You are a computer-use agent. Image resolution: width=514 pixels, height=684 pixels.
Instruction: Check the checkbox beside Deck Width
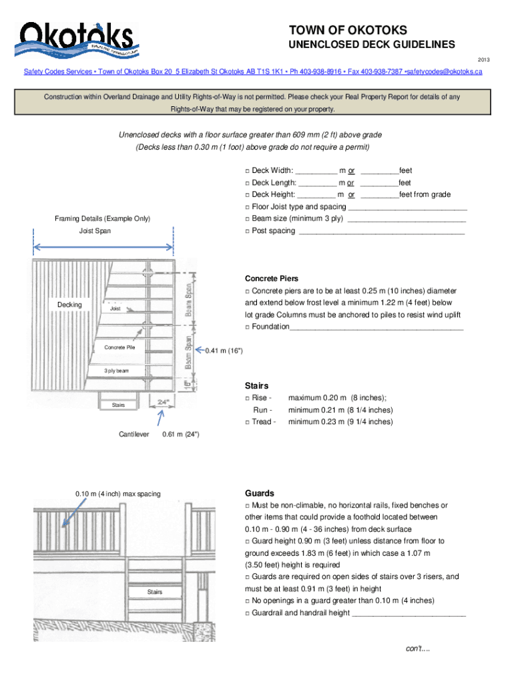[x=247, y=171]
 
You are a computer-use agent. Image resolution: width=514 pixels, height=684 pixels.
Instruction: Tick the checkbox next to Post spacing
[x=247, y=231]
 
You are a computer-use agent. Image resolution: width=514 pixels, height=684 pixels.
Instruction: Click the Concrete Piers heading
[x=272, y=279]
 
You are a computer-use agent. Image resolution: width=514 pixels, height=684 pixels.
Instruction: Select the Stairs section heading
[x=256, y=386]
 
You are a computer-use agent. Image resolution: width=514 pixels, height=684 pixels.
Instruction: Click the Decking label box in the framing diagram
[x=69, y=305]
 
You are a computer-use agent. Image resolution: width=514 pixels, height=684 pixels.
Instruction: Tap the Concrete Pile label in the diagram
[x=119, y=347]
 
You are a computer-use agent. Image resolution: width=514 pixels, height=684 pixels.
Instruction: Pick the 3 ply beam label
[x=116, y=371]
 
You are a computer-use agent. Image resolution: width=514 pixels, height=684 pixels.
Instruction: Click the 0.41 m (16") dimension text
[x=224, y=351]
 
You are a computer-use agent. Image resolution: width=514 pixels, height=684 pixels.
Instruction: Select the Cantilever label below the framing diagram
[x=134, y=435]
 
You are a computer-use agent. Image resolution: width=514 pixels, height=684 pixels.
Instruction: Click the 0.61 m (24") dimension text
[x=180, y=435]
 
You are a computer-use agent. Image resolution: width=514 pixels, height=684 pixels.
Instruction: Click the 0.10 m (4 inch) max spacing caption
[x=117, y=494]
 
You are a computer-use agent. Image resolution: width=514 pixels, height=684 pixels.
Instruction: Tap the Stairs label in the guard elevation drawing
[x=155, y=592]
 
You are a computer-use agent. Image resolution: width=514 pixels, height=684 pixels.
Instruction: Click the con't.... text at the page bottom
[x=418, y=649]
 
